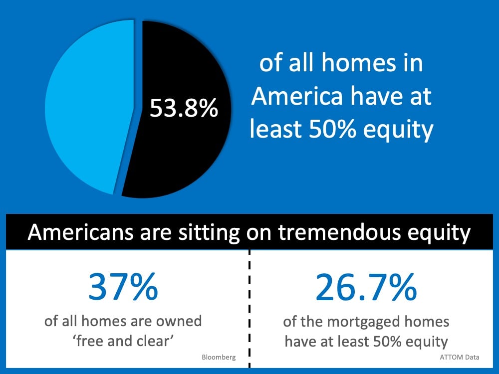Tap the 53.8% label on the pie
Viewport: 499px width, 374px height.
point(184,108)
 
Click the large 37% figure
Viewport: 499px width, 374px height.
point(123,287)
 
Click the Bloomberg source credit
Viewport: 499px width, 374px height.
point(219,357)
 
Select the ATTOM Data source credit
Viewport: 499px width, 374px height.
point(460,357)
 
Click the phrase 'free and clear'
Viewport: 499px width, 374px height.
point(123,341)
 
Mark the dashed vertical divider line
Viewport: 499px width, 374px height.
point(249,309)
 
